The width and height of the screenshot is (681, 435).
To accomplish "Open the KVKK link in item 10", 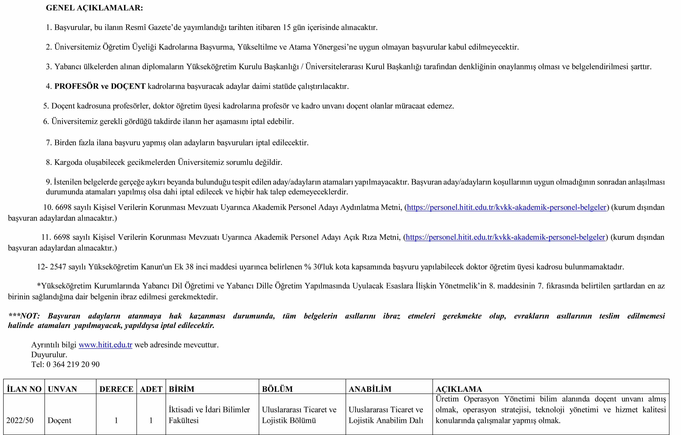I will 506,207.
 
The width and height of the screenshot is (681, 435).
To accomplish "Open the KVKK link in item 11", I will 505,237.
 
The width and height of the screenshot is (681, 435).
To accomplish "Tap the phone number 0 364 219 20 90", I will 73,364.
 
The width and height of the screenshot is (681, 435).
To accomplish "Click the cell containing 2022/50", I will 20,420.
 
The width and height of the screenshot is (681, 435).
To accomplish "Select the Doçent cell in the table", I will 59,420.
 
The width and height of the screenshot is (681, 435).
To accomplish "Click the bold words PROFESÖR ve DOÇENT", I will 100,86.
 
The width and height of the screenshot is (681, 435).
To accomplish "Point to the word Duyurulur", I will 49,355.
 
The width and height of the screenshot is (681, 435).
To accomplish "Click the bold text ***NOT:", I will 24,316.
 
